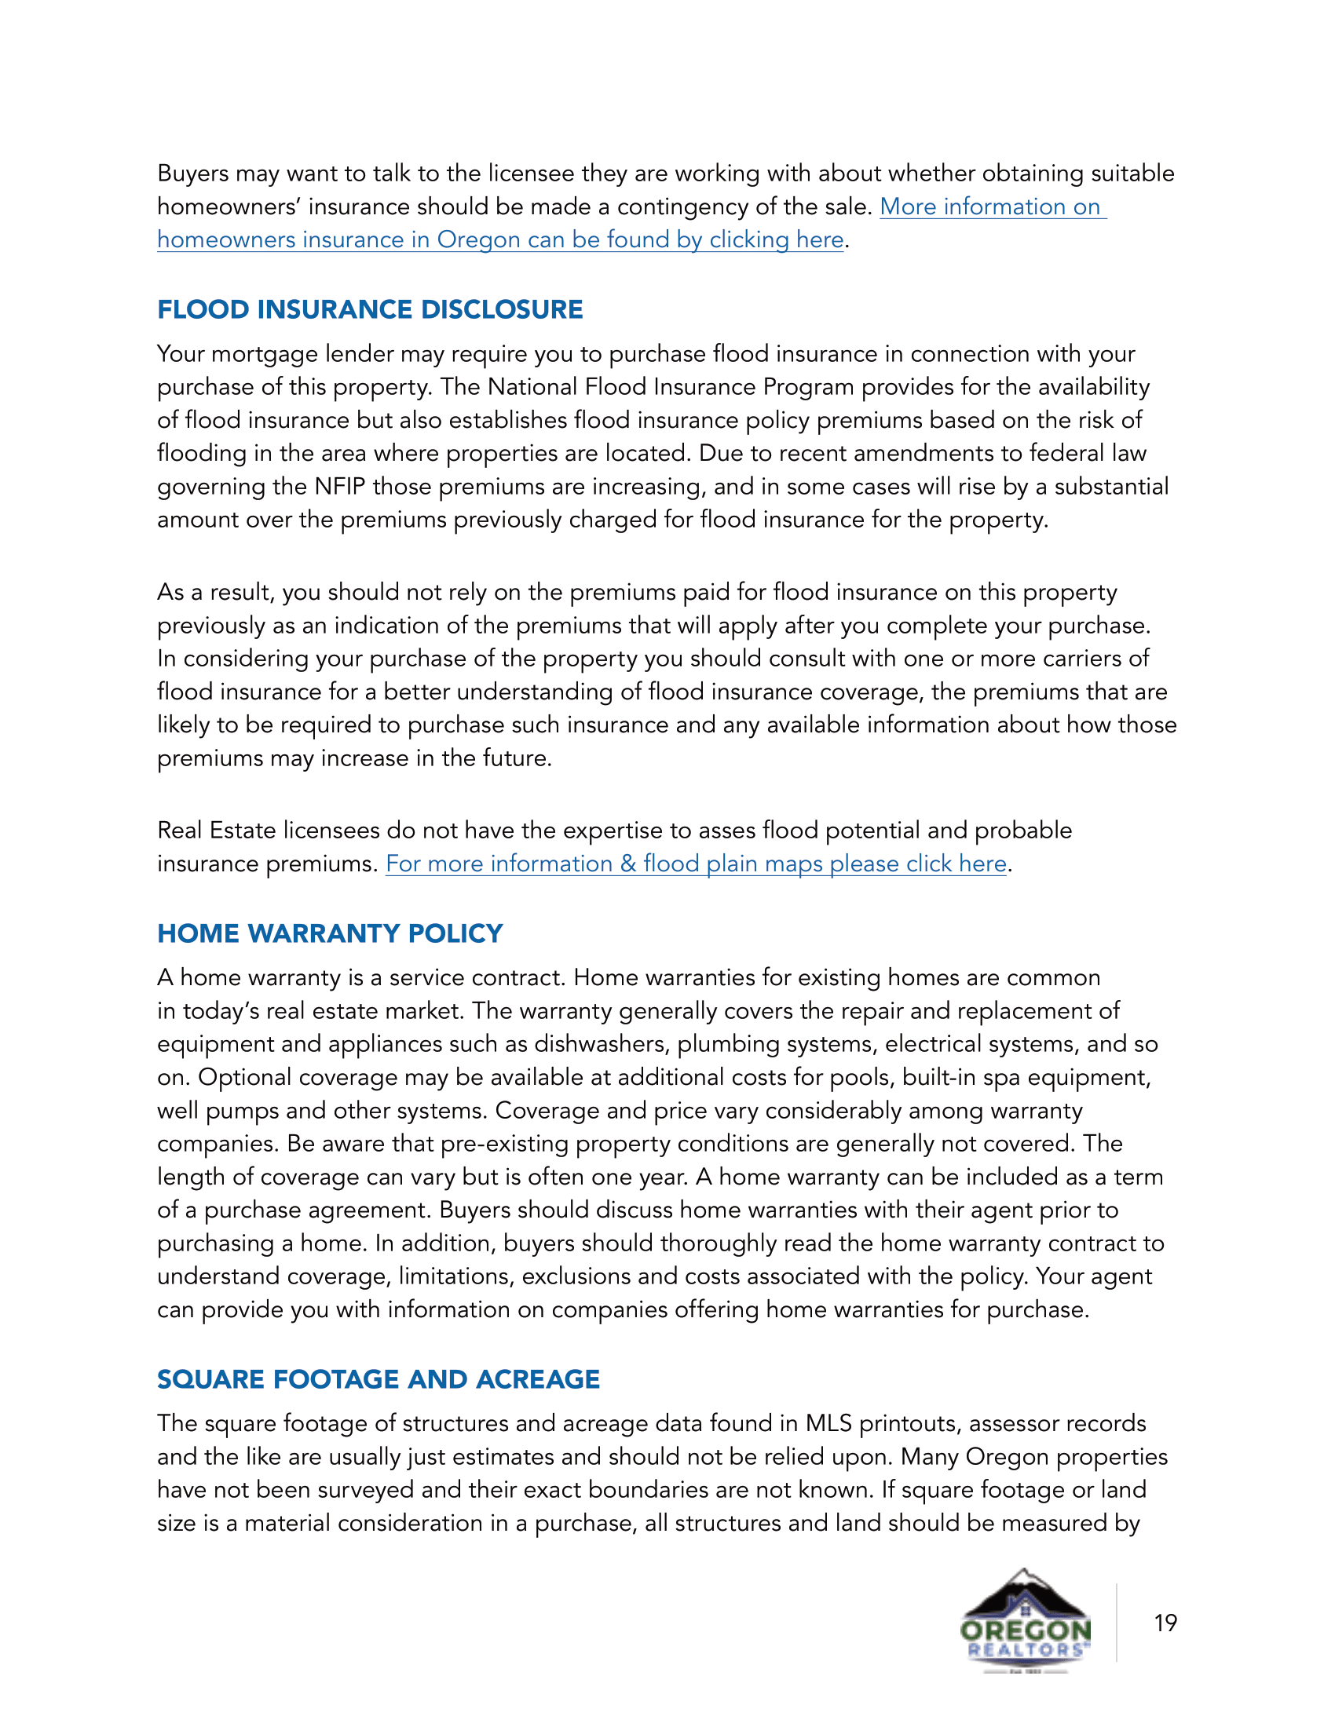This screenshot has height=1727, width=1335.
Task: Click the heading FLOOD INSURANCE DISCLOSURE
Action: (x=369, y=309)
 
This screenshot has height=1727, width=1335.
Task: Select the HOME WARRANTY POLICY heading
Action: (x=330, y=933)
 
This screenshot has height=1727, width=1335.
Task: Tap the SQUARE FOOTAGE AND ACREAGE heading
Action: (x=378, y=1379)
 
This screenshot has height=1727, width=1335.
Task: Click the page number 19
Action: (x=1165, y=1623)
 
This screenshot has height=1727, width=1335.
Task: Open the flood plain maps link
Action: (x=696, y=863)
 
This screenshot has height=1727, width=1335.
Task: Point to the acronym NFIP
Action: (x=339, y=487)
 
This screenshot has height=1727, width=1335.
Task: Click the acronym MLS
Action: (x=828, y=1423)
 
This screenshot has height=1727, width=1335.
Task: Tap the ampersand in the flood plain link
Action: (x=628, y=863)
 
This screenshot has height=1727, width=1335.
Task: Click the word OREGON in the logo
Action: (x=1025, y=1630)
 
